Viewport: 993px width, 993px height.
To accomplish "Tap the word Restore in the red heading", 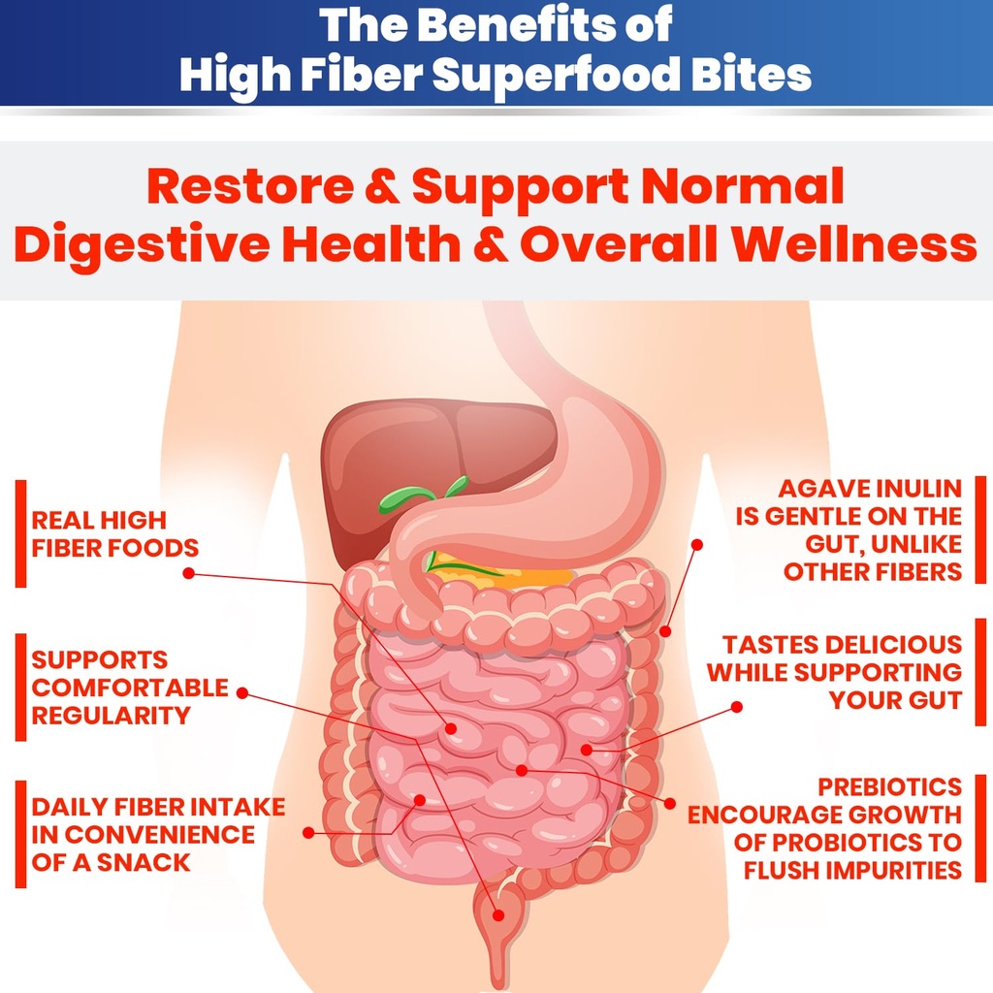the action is click(x=251, y=187).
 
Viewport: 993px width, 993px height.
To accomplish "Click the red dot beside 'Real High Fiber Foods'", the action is click(x=188, y=573).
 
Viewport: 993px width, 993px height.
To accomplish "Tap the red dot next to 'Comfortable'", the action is click(x=241, y=692).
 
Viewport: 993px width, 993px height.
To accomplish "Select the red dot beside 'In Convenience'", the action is click(x=308, y=833).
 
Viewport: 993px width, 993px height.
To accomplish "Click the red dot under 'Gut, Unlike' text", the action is click(x=696, y=545).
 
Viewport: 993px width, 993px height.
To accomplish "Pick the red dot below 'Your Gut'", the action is click(x=737, y=707).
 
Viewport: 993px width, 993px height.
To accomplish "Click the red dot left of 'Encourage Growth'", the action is click(x=670, y=804).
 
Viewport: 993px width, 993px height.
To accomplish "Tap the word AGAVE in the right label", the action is click(x=817, y=489).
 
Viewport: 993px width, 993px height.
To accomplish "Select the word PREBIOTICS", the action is click(x=890, y=787).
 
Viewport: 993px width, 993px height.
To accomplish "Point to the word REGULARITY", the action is click(x=111, y=716).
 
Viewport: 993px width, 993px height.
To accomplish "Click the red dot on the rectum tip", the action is click(x=498, y=915).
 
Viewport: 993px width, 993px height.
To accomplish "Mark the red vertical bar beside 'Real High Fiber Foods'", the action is click(x=21, y=534).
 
